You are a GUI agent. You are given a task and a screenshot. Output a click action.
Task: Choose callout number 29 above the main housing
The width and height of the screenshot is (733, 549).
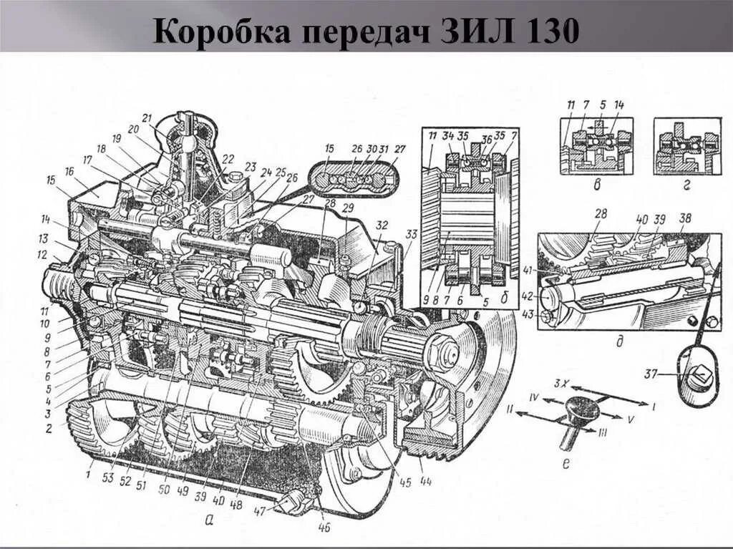click(347, 208)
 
